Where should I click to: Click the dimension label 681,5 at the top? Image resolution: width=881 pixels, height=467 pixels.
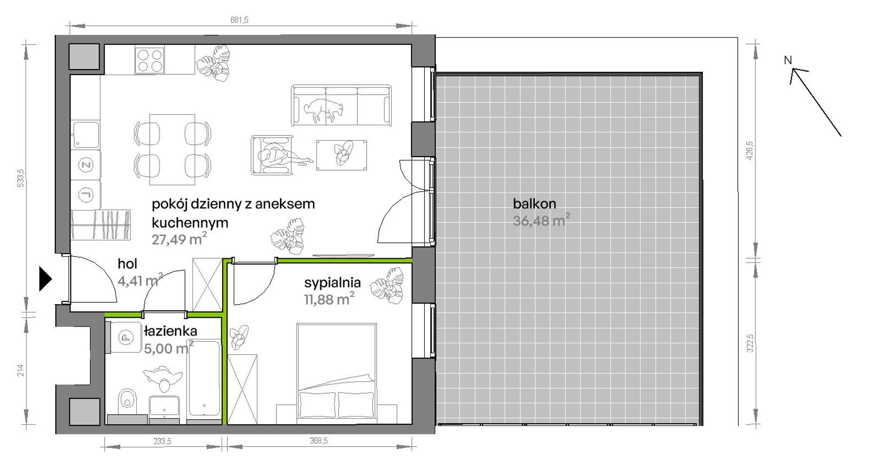(x=239, y=20)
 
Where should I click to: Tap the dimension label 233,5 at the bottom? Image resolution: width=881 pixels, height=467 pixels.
(x=162, y=441)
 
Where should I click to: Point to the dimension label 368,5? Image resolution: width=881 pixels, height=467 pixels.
(x=319, y=441)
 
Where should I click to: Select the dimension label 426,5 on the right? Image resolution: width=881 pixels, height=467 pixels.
(x=750, y=151)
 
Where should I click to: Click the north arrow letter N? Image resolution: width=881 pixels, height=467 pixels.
(x=788, y=60)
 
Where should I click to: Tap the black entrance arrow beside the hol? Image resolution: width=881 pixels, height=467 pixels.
(x=45, y=279)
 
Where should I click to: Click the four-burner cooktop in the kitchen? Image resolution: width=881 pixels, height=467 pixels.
(x=149, y=60)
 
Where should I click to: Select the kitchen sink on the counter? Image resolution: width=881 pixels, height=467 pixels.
(x=85, y=134)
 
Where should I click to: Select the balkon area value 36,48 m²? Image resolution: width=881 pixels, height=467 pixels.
(x=541, y=220)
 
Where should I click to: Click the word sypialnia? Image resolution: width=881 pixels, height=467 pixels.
(x=332, y=282)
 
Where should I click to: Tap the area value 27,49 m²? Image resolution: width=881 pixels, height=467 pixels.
(x=179, y=239)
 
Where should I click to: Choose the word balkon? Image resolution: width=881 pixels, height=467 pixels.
(x=534, y=204)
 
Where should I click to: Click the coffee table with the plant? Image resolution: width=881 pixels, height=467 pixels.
(x=342, y=155)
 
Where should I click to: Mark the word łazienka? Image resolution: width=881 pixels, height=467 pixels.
(x=171, y=331)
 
